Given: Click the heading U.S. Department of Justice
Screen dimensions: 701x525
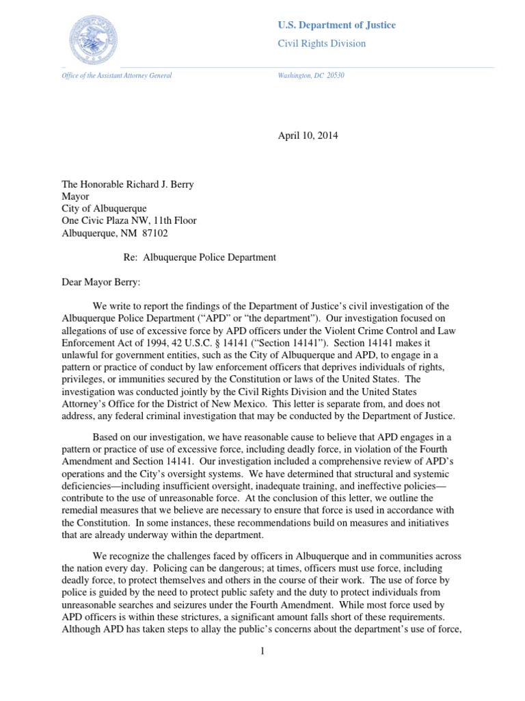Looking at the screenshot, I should (x=336, y=25).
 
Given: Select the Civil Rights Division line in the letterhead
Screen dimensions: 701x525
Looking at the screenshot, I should (x=321, y=44).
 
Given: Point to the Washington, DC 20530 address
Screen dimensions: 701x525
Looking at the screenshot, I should (x=311, y=75).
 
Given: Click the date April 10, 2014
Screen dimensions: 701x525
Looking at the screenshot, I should (x=308, y=136).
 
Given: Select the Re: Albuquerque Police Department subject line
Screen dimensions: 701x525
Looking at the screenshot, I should (x=198, y=257).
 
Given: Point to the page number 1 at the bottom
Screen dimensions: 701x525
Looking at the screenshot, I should (x=262, y=651).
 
